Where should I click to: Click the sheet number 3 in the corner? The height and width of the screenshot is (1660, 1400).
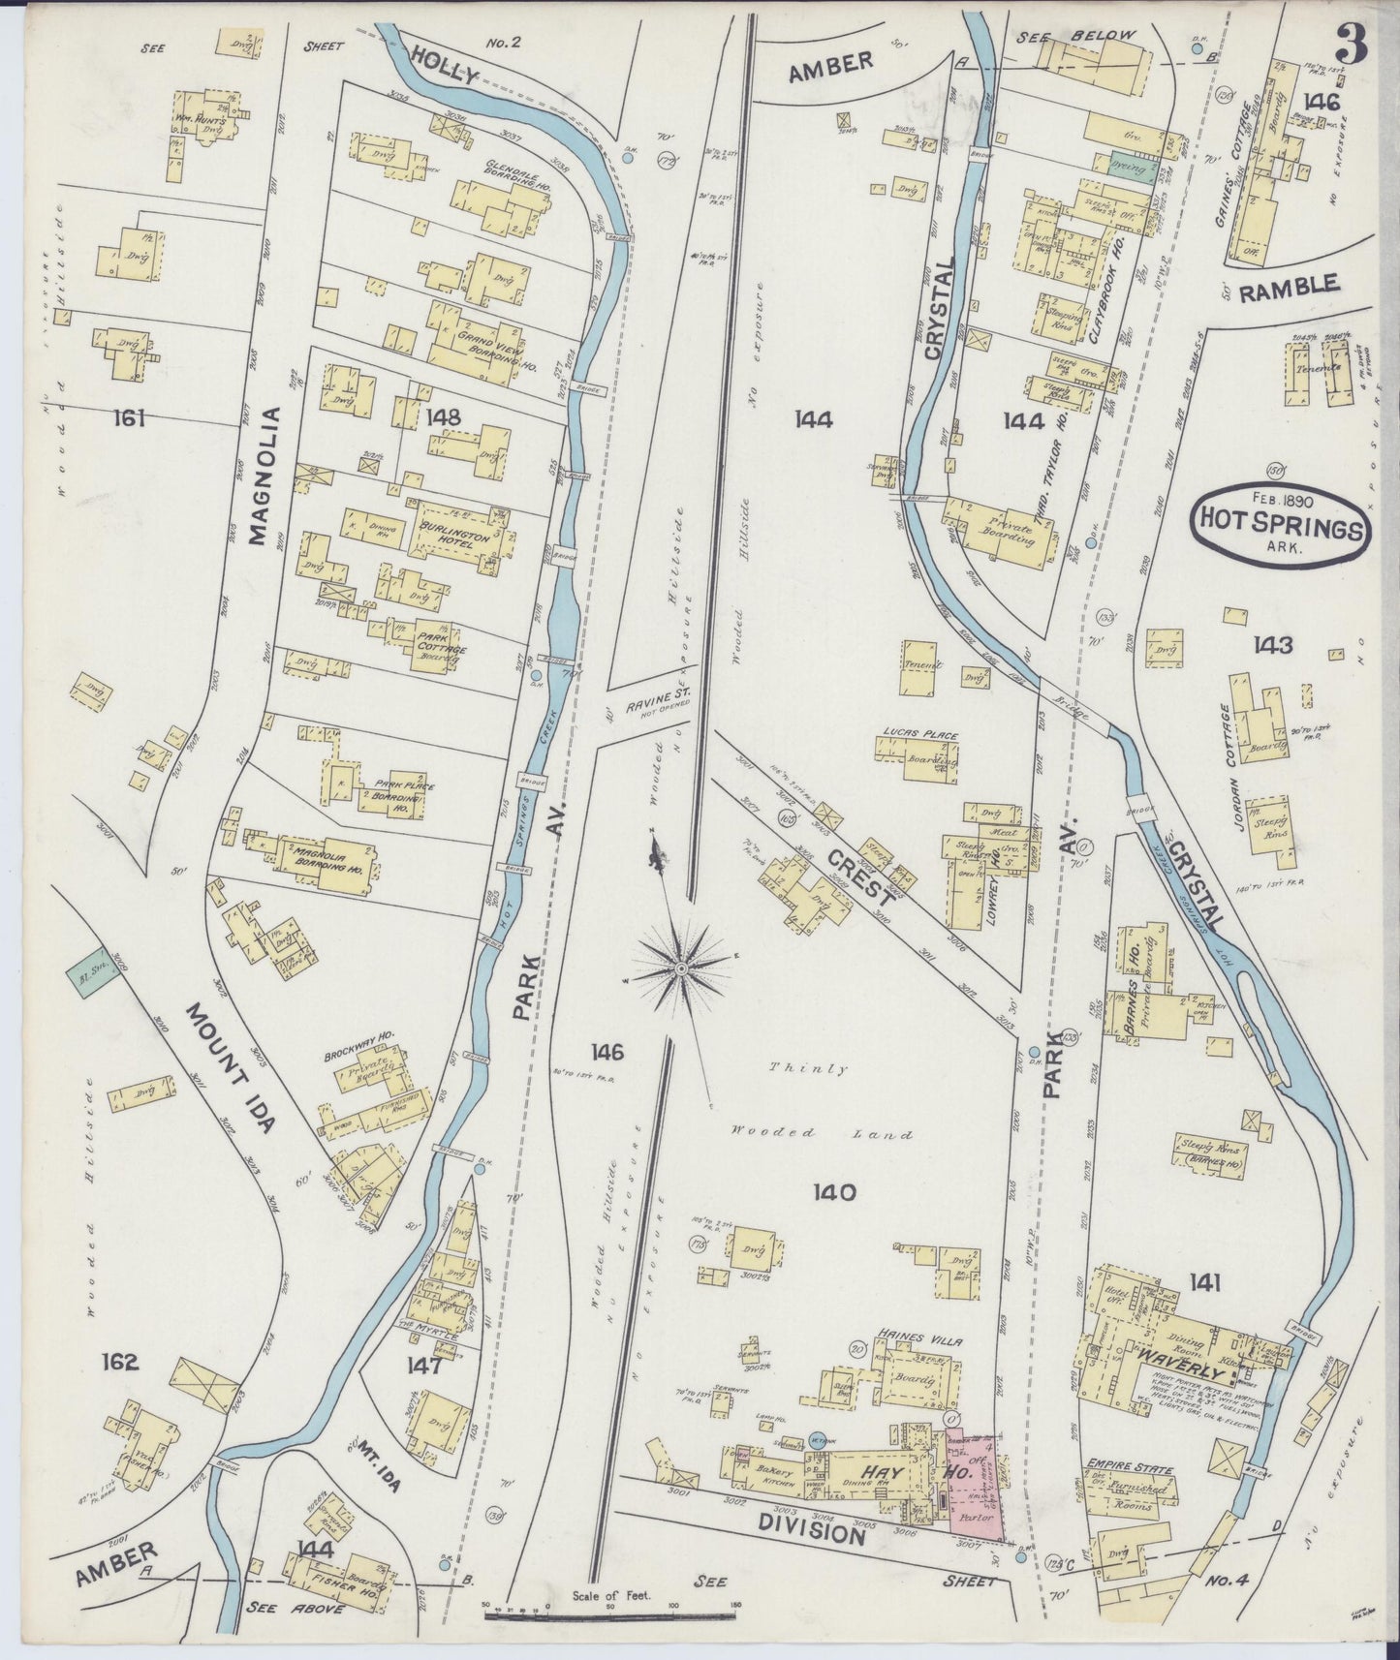(x=1352, y=44)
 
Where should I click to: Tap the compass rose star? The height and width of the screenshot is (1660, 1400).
(x=682, y=967)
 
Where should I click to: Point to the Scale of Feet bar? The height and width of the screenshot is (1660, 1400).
(x=609, y=1614)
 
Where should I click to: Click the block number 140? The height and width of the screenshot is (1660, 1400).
(x=835, y=1192)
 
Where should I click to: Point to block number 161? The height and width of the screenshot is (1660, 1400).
(x=128, y=418)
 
